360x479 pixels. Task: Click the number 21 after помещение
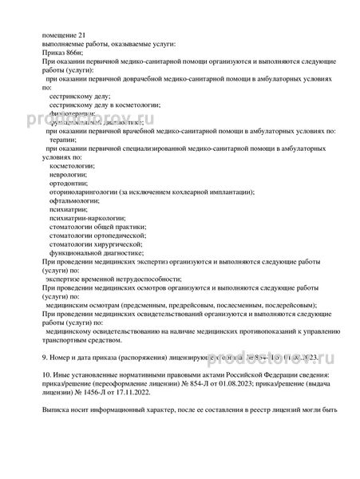point(84,34)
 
